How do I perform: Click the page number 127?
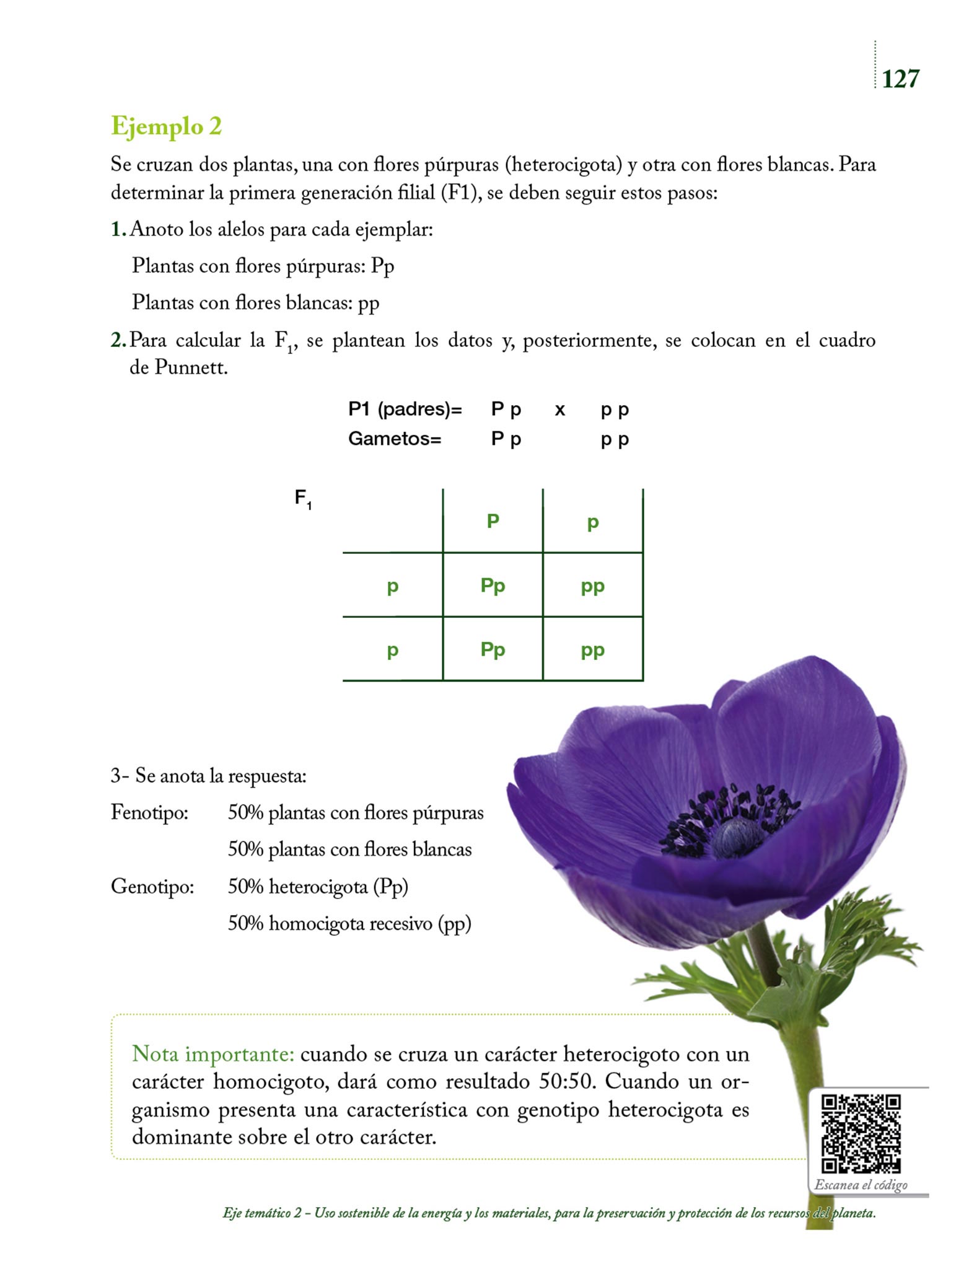pyautogui.click(x=900, y=79)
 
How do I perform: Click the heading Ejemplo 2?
pyautogui.click(x=166, y=126)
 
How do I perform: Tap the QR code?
pyautogui.click(x=861, y=1133)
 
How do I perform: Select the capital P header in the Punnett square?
pyautogui.click(x=493, y=521)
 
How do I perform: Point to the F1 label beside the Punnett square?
pyautogui.click(x=302, y=499)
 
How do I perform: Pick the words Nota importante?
pyautogui.click(x=213, y=1053)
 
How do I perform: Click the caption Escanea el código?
pyautogui.click(x=861, y=1185)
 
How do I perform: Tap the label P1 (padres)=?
pyautogui.click(x=405, y=409)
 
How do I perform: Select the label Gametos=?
pyautogui.click(x=395, y=439)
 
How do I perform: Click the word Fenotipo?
pyautogui.click(x=149, y=812)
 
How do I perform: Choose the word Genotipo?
pyautogui.click(x=152, y=886)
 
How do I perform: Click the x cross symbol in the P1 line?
pyautogui.click(x=559, y=410)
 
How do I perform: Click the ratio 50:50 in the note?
pyautogui.click(x=567, y=1081)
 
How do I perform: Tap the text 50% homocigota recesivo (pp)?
pyautogui.click(x=349, y=923)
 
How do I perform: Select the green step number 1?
pyautogui.click(x=116, y=229)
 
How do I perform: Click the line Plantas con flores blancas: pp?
pyautogui.click(x=255, y=302)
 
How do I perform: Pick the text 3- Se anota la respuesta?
pyautogui.click(x=209, y=776)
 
